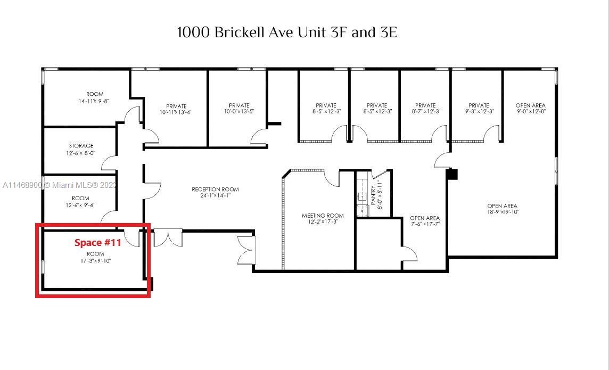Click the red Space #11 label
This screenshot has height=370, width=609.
97,243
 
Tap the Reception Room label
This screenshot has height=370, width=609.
215,190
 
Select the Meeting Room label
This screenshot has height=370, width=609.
323,216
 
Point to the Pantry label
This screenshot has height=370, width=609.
373,195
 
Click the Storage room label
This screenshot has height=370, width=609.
81,146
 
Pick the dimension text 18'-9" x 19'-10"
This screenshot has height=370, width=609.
503,212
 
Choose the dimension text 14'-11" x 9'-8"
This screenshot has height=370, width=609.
94,101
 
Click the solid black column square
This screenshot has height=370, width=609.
452,174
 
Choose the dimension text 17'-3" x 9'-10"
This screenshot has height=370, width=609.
95,261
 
